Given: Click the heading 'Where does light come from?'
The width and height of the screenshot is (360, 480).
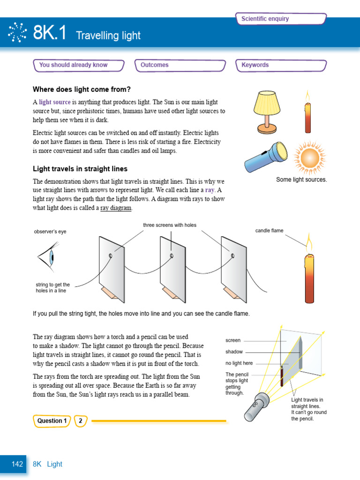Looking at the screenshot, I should click(82, 89).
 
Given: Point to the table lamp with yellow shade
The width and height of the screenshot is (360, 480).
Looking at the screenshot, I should click(267, 111).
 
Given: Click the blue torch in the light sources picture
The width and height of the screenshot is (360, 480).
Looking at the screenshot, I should click(266, 157).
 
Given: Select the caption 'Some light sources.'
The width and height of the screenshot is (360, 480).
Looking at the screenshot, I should click(301, 180).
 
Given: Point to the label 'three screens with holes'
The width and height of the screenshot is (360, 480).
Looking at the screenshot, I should click(170, 225).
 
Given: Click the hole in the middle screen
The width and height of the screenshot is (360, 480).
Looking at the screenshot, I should click(172, 255).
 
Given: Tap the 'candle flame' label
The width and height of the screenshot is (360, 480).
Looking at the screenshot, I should click(269, 231).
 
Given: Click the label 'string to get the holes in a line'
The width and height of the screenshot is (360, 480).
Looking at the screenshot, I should click(52, 287).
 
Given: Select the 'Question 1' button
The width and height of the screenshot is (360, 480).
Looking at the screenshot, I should click(52, 420).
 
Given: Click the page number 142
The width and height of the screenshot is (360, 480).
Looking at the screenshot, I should click(17, 464).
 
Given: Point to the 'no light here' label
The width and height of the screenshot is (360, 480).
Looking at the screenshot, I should click(239, 363).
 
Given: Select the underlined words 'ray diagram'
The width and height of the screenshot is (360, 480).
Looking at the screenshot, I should click(116, 208).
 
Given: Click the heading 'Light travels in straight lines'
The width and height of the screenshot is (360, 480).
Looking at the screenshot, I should click(80, 169).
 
